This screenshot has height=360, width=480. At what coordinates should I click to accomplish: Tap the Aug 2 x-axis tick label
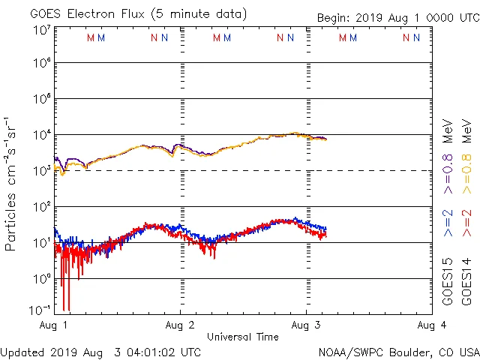coord(180,325)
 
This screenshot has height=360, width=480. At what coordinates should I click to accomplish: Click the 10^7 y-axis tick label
coord(42,30)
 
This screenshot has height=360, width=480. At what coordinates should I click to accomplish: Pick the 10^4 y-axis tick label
coord(42,135)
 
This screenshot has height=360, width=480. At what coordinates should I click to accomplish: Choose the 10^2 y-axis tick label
coord(42,206)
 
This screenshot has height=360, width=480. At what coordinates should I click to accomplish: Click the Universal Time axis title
coord(242,337)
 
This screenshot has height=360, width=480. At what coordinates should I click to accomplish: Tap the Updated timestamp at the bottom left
coord(100,352)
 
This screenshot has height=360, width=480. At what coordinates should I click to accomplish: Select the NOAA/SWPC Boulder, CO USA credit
coord(398,352)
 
